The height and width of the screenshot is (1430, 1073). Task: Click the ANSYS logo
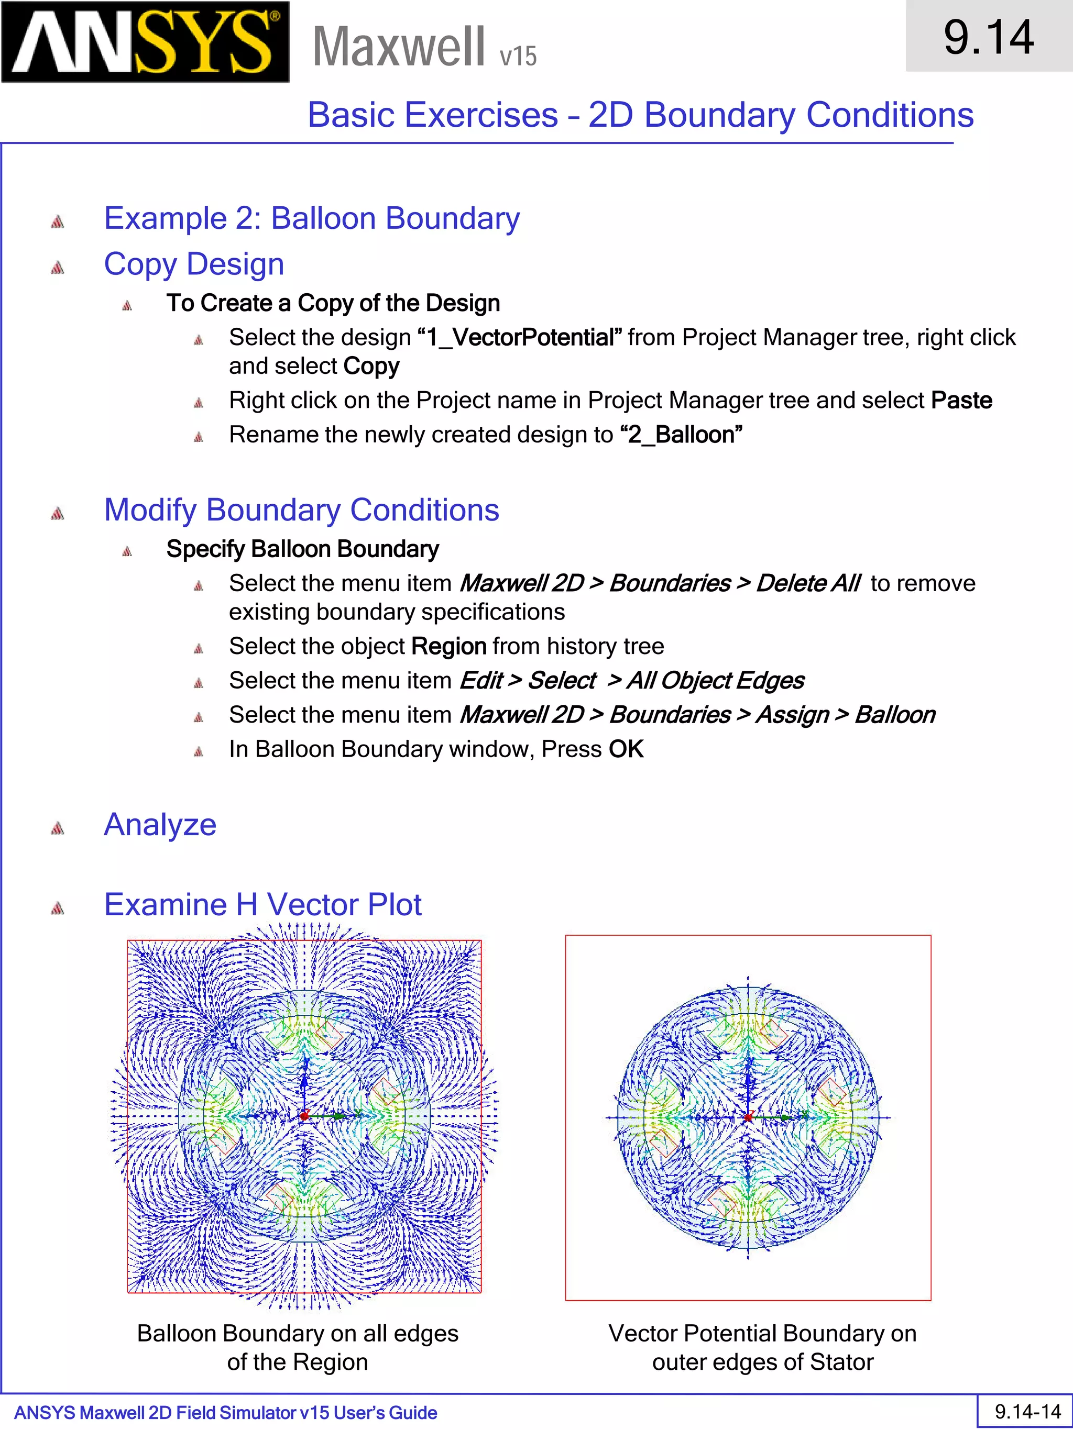click(145, 42)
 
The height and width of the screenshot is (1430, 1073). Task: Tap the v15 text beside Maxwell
click(518, 56)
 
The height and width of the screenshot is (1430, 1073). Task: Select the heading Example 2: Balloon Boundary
click(312, 218)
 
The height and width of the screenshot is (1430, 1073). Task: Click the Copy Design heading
click(194, 264)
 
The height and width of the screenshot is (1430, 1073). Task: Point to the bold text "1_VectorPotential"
click(520, 337)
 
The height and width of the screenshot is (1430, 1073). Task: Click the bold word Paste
click(961, 400)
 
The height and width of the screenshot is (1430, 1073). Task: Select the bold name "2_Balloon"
click(681, 435)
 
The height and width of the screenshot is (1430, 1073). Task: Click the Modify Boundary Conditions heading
click(301, 510)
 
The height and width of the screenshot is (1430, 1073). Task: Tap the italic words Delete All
click(808, 583)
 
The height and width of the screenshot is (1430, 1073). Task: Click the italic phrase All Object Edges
click(715, 681)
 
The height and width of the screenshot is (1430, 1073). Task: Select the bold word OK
click(626, 749)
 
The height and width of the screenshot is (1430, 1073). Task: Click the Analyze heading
click(160, 825)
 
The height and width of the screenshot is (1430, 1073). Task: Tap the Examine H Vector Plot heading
click(262, 904)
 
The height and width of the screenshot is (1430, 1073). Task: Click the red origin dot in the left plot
click(304, 1116)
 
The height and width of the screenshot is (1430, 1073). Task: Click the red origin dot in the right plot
click(748, 1117)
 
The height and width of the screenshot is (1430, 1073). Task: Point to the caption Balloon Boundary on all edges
click(298, 1334)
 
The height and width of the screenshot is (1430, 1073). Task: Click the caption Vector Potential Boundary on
click(762, 1334)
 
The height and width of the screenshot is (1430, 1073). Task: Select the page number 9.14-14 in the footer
click(1028, 1411)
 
